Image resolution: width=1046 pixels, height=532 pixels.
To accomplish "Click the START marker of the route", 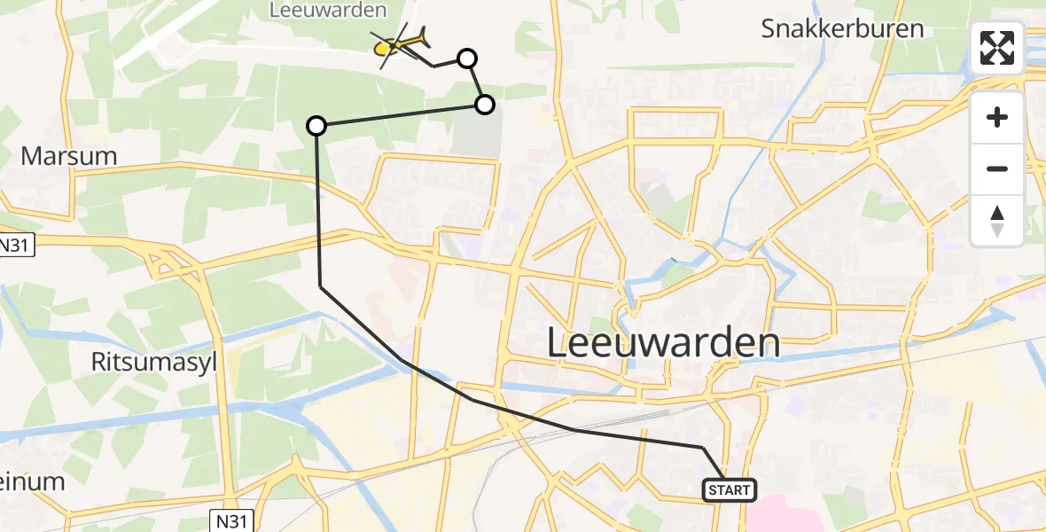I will pyautogui.click(x=730, y=489).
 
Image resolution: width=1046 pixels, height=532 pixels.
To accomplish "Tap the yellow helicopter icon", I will pyautogui.click(x=401, y=43).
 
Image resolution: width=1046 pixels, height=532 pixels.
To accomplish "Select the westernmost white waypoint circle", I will pyautogui.click(x=316, y=126).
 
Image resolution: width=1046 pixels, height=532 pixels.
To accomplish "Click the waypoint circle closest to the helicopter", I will pyautogui.click(x=467, y=59).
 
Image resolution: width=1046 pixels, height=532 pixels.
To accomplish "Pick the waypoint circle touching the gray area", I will pyautogui.click(x=485, y=105).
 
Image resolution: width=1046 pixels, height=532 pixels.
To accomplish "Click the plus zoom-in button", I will pyautogui.click(x=997, y=117).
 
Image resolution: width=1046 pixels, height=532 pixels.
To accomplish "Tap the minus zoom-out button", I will pyautogui.click(x=997, y=168).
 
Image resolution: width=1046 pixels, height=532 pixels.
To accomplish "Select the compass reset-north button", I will pyautogui.click(x=997, y=219).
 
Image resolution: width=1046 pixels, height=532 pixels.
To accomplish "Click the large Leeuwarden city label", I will pyautogui.click(x=664, y=343).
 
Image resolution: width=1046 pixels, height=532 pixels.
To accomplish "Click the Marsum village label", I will pyautogui.click(x=69, y=156).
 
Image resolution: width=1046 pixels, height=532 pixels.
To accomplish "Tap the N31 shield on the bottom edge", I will pyautogui.click(x=235, y=519).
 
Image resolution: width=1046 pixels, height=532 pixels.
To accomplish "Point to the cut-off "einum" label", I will pyautogui.click(x=32, y=481).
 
